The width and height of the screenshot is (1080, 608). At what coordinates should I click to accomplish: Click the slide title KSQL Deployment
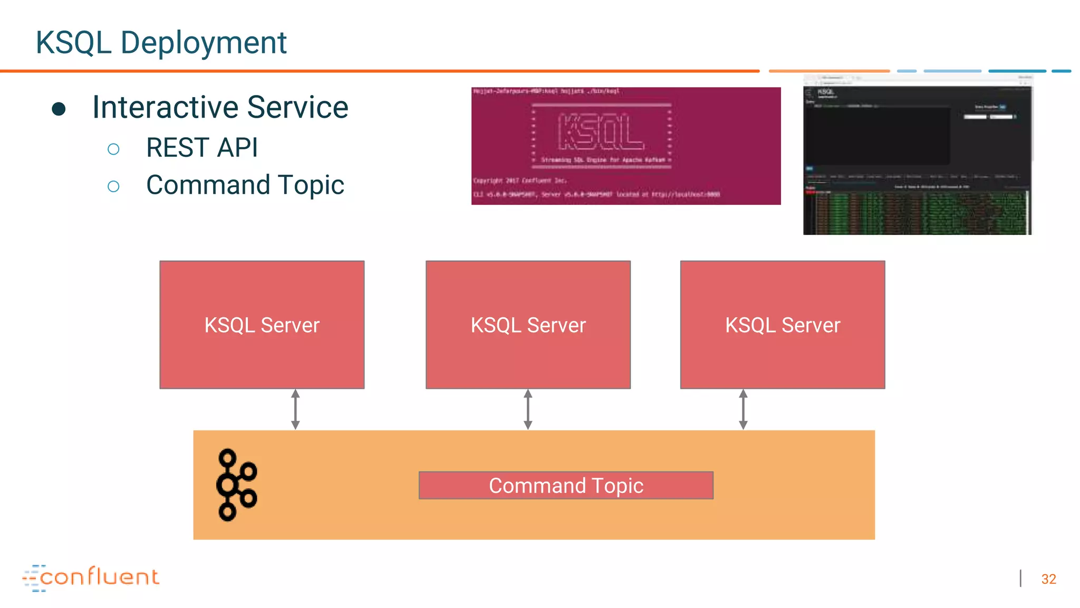161,42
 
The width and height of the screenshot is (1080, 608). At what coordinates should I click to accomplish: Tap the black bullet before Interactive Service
59,109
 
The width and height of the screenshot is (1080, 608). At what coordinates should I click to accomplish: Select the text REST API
201,147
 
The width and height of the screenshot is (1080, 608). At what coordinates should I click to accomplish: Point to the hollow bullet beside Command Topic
113,186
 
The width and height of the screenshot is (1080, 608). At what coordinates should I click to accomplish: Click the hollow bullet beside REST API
113,149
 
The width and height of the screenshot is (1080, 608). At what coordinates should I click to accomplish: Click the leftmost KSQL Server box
262,325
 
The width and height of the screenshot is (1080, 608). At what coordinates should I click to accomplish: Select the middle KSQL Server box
528,325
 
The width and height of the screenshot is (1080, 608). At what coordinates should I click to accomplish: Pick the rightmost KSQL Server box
783,325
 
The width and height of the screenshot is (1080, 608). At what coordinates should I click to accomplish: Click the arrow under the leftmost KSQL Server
295,410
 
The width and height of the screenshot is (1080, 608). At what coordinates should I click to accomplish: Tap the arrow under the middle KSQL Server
528,410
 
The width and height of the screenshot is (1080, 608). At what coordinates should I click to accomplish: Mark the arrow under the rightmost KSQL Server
743,410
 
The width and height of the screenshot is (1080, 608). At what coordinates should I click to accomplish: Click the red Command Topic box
566,486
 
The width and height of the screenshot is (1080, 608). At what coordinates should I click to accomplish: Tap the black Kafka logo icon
236,485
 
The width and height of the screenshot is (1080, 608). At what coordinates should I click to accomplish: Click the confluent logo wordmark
99,577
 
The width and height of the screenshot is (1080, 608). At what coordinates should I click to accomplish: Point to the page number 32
1048,579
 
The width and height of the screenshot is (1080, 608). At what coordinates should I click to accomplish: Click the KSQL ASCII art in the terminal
601,132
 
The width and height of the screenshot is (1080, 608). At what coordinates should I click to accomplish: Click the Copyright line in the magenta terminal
520,180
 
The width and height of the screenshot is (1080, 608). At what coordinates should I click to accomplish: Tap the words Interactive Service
220,107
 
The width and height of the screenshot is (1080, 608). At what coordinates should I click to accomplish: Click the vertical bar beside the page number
1020,578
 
